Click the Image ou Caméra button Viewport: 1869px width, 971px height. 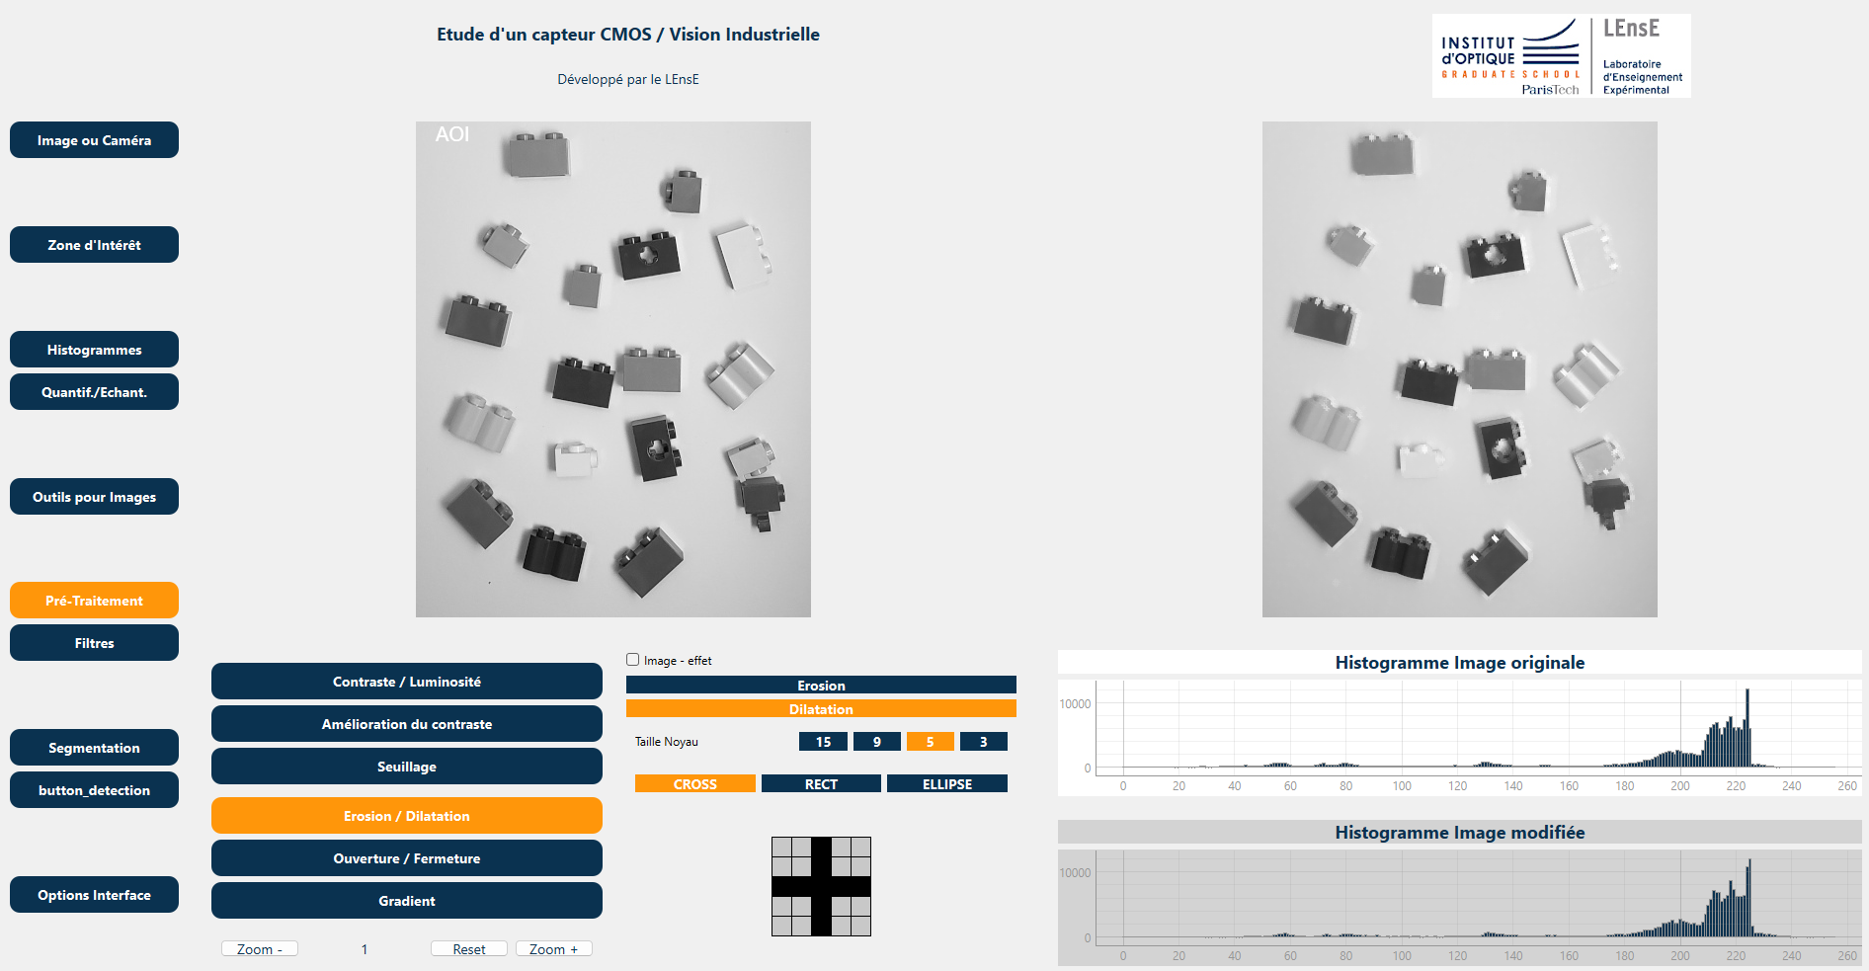click(94, 140)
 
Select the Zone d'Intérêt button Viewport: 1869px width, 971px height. click(94, 245)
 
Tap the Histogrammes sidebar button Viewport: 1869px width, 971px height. click(94, 350)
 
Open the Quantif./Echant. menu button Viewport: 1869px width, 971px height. click(94, 392)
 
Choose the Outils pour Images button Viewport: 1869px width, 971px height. click(94, 497)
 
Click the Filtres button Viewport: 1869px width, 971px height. click(94, 643)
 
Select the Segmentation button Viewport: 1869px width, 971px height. click(94, 748)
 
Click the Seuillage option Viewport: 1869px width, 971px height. click(407, 767)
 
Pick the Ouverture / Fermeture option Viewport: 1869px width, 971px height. click(407, 858)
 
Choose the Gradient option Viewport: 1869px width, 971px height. click(407, 901)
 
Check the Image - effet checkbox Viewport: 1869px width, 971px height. click(633, 660)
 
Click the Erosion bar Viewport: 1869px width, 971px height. click(821, 686)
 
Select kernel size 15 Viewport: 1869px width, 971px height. click(823, 742)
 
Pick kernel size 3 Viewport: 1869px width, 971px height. click(983, 742)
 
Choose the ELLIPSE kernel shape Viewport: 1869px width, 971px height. click(947, 784)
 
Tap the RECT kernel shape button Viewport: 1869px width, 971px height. click(821, 784)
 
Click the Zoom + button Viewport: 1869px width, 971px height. click(553, 949)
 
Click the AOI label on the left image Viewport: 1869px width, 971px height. click(452, 134)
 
